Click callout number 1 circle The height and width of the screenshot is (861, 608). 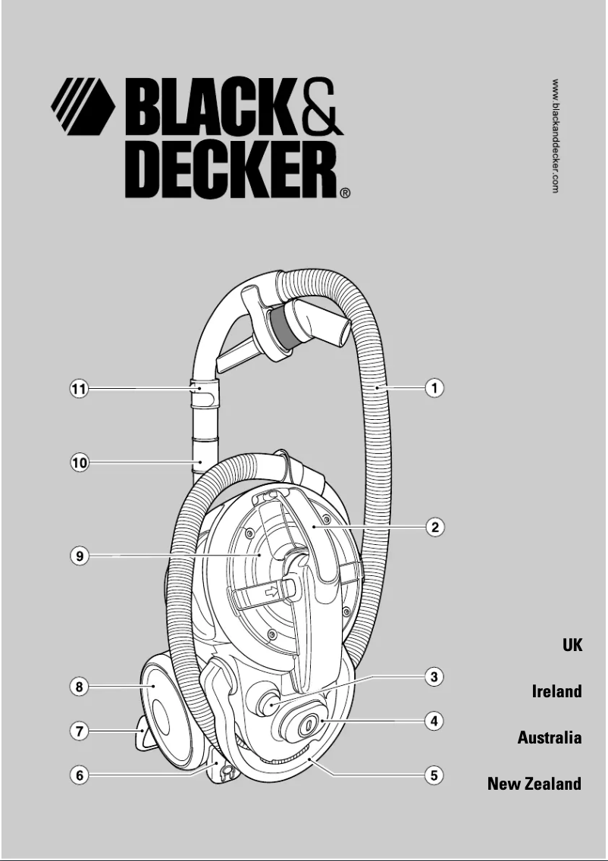coord(434,388)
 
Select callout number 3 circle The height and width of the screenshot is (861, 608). coord(433,677)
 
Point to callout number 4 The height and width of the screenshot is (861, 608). coord(433,722)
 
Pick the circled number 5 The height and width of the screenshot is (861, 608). coord(433,775)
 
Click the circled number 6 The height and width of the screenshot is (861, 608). coord(79,775)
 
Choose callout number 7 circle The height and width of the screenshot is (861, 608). coord(79,731)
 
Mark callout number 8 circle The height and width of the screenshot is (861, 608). coord(79,687)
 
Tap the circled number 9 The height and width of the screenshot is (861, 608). coord(79,556)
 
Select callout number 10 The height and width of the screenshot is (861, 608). coord(79,462)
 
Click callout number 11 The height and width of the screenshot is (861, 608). coord(79,390)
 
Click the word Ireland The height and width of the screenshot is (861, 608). coord(556,691)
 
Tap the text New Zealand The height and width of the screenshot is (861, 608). coord(534,784)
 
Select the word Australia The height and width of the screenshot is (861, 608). coord(550,737)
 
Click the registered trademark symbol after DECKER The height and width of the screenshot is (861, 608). coord(346,193)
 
